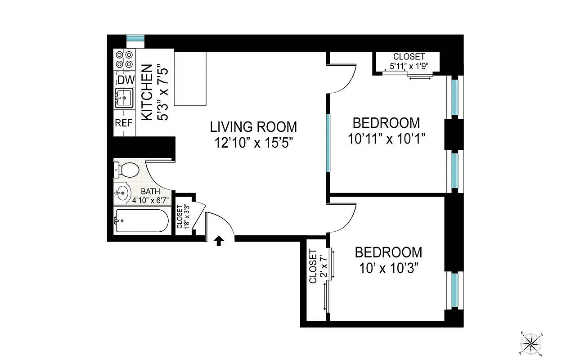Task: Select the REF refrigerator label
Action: tap(124, 122)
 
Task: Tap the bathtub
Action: tap(142, 220)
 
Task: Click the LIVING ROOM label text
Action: tap(253, 127)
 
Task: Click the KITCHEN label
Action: tap(147, 92)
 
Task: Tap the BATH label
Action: tap(150, 191)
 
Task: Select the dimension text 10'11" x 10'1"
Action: tap(387, 138)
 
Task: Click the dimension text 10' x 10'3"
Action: tap(389, 268)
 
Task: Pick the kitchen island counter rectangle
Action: tap(190, 79)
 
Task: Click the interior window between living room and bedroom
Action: tap(328, 143)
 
